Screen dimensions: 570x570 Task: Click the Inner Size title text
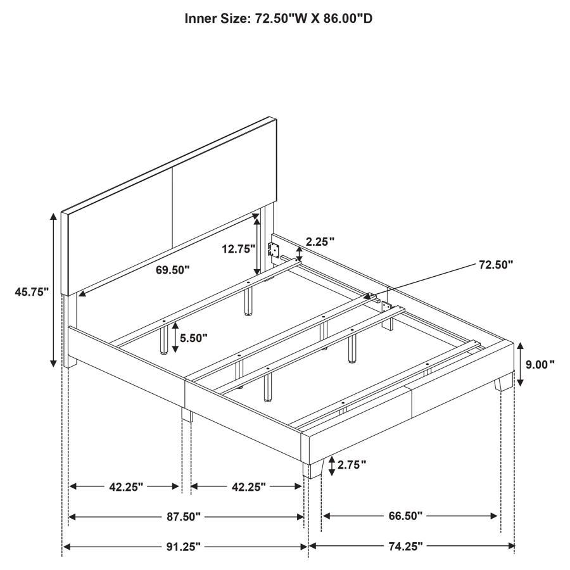278,18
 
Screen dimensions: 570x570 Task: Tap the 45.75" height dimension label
32,292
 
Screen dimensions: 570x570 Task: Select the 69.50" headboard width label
172,270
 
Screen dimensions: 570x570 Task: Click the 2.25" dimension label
320,241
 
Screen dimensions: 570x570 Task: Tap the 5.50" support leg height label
193,338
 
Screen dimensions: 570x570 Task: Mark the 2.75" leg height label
351,465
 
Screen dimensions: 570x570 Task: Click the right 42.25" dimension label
244,486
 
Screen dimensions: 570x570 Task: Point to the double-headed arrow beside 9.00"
519,364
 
